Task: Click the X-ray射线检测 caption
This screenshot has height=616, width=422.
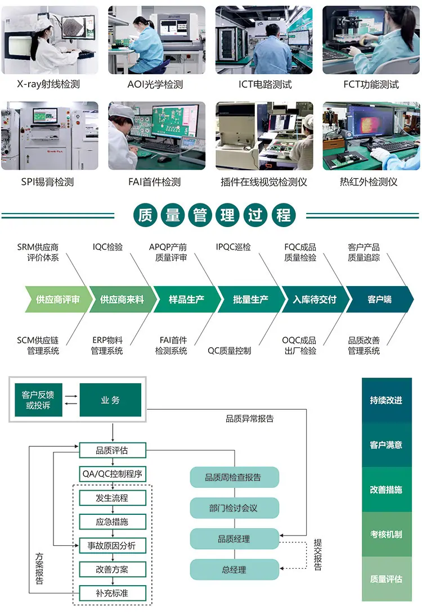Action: pyautogui.click(x=48, y=85)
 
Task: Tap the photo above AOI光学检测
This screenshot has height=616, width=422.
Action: pyautogui.click(x=156, y=40)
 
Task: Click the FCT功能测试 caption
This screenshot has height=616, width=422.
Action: pyautogui.click(x=371, y=85)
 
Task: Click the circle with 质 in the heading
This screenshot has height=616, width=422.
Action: pyautogui.click(x=145, y=215)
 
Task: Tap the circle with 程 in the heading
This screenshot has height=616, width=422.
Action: pyautogui.click(x=283, y=215)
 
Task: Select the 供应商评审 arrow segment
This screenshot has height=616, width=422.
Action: pyautogui.click(x=57, y=300)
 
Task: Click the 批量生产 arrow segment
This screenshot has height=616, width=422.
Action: pyautogui.click(x=250, y=300)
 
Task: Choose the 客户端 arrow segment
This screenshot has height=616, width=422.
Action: pyautogui.click(x=379, y=300)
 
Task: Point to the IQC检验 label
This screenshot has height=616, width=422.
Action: pyautogui.click(x=107, y=247)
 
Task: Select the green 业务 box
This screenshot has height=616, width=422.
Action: pyautogui.click(x=110, y=400)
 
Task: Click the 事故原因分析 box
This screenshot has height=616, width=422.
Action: pyautogui.click(x=112, y=545)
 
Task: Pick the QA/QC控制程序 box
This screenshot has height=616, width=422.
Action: pyautogui.click(x=112, y=474)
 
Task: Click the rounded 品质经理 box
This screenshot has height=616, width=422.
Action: pyautogui.click(x=234, y=539)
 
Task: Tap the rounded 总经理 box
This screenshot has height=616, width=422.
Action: pyautogui.click(x=234, y=569)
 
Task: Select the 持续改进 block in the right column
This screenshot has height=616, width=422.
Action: pyautogui.click(x=386, y=400)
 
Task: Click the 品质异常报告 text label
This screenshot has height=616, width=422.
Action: pyautogui.click(x=250, y=418)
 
